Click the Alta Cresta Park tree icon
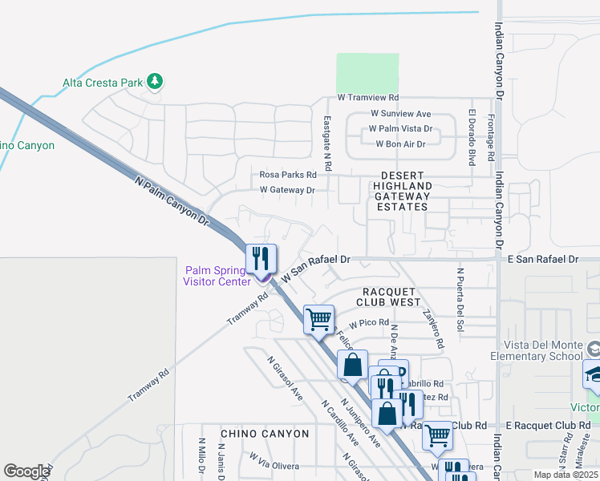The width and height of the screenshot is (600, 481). click(x=155, y=81)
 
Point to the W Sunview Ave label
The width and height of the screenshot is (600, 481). click(x=395, y=114)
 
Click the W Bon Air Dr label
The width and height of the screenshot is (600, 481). click(x=400, y=143)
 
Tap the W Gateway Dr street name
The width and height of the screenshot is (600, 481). click(x=286, y=190)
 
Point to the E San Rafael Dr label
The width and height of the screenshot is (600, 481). click(x=542, y=260)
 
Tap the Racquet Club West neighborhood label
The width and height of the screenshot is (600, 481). click(x=391, y=297)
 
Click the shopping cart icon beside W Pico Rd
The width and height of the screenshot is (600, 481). click(x=318, y=319)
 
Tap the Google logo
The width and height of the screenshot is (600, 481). click(x=26, y=471)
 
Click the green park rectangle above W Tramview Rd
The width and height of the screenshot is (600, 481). click(x=367, y=72)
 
